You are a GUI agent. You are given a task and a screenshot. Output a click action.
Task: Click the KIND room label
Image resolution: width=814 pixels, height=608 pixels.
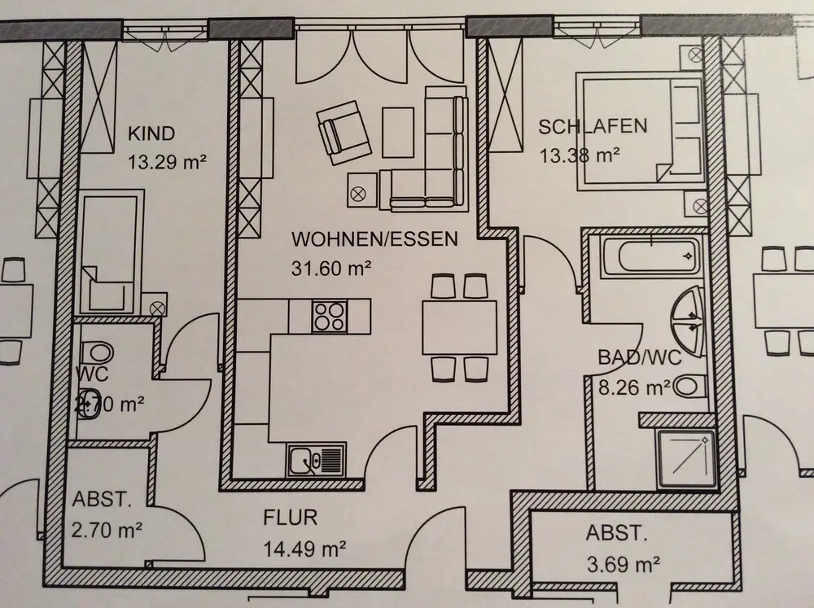(151, 134)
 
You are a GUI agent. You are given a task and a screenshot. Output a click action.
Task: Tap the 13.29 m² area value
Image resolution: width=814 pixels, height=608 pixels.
(166, 161)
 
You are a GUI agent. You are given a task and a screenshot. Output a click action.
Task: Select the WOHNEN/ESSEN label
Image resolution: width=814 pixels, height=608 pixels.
(375, 239)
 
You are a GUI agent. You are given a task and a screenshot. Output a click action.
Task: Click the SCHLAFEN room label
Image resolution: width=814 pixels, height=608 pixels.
(593, 126)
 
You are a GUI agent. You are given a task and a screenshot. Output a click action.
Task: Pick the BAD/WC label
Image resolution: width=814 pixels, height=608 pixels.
(639, 357)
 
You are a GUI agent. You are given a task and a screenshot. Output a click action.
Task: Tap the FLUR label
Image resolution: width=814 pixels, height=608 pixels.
(290, 517)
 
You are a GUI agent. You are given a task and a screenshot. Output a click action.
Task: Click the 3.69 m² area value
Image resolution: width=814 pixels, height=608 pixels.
(623, 562)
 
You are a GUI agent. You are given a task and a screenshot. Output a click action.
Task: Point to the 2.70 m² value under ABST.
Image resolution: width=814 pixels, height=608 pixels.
(107, 531)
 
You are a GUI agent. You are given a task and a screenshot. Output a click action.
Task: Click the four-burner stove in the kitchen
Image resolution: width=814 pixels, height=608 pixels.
(330, 315)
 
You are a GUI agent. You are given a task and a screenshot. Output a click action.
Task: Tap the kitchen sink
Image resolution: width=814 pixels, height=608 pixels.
(316, 461)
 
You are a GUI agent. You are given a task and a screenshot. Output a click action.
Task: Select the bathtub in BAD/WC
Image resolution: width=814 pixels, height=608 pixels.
(648, 256)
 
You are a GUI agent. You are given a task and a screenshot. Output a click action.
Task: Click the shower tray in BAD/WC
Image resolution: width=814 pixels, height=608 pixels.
(686, 459)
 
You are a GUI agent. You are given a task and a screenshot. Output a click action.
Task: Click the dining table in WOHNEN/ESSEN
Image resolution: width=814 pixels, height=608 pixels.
(459, 327)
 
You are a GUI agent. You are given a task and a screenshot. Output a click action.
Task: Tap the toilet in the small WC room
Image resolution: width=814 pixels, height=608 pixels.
(98, 352)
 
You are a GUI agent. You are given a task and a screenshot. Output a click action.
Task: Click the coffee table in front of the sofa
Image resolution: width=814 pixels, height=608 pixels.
(400, 132)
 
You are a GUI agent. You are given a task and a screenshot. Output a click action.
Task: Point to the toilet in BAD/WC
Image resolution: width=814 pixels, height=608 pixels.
(689, 386)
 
